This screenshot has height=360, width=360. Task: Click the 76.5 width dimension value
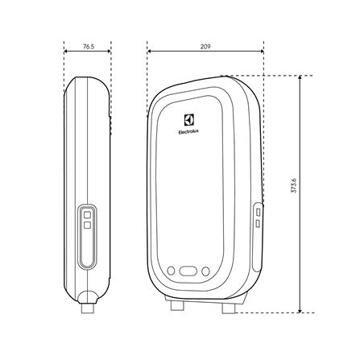tap(87, 48)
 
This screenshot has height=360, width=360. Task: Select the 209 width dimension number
tap(205, 48)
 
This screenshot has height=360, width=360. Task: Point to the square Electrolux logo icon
tap(188, 115)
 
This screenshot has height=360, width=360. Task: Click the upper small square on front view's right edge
tap(258, 209)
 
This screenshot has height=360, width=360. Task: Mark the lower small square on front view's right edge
tap(258, 220)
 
